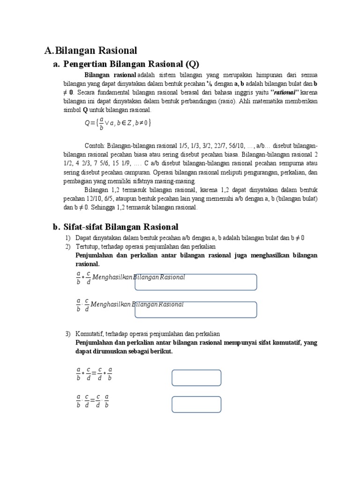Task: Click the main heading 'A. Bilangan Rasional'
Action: tap(90, 51)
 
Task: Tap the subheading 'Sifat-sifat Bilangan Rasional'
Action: tap(121, 227)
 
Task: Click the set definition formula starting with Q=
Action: tap(118, 123)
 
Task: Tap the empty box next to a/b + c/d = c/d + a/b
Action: tap(196, 378)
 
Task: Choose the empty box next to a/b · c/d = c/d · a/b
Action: tap(196, 404)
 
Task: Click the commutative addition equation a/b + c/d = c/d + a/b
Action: tap(94, 374)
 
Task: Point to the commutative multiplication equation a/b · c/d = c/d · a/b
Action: tap(93, 401)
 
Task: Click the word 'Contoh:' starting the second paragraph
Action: tap(95, 146)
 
